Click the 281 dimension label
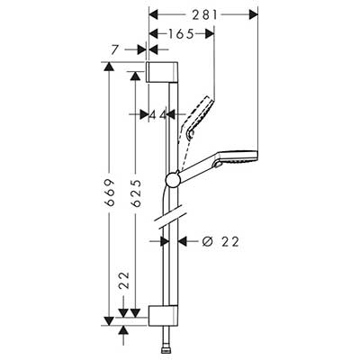pos(204,14)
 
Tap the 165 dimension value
pos(181,34)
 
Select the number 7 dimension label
pos(113,49)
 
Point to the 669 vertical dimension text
pos(110,193)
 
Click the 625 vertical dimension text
pos(136,193)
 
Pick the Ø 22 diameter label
pos(220,241)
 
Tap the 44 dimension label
pos(157,114)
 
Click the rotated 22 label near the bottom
pos(123,281)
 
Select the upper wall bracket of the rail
pos(162,72)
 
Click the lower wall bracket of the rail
pos(164,316)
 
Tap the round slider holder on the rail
pos(173,180)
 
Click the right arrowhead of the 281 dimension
pos(254,14)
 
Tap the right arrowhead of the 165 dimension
pos(210,33)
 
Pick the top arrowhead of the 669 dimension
pos(109,67)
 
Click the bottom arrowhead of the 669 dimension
pos(109,321)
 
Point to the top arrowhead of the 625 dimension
pos(136,76)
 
